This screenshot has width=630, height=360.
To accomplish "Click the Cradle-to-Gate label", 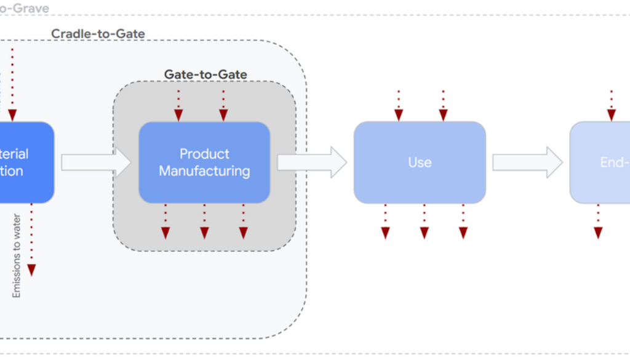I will (98, 33).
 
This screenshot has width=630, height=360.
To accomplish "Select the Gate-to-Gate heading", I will (205, 74).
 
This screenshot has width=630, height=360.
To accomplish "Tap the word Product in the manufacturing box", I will (204, 154).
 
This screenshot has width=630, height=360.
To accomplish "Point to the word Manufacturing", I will (204, 170).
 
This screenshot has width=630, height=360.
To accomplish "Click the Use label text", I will (420, 162).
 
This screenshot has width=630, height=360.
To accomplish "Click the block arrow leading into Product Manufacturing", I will (96, 162).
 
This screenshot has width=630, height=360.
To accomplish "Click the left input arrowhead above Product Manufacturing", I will (178, 114).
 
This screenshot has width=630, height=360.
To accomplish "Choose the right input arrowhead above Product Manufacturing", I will (223, 114).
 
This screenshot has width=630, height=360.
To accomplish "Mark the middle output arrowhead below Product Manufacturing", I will (204, 233).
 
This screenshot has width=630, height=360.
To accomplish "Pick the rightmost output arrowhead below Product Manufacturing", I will (244, 233).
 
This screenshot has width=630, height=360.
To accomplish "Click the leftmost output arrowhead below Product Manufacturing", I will (165, 233).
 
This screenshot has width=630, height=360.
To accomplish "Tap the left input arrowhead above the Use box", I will (399, 114).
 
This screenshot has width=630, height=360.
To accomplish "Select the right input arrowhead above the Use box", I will (443, 114).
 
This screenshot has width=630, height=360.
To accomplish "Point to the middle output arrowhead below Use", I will (424, 233).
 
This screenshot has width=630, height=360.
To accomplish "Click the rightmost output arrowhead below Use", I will (463, 233).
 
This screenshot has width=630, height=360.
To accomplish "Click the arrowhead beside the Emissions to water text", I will (31, 270).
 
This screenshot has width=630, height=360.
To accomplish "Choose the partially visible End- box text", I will (615, 162).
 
